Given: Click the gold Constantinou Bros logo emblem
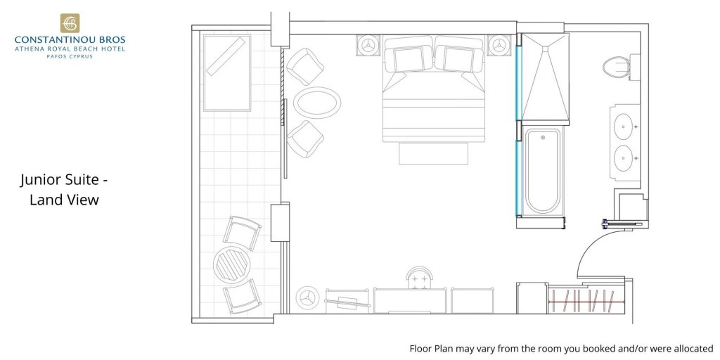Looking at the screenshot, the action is [x=70, y=23].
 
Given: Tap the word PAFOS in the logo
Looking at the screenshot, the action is [x=56, y=56].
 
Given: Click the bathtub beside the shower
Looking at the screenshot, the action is [x=543, y=172].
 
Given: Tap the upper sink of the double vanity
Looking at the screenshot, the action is [x=624, y=127].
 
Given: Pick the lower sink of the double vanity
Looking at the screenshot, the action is [x=624, y=158].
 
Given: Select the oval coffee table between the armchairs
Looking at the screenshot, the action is [x=317, y=103].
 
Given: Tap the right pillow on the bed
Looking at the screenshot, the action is [x=458, y=59].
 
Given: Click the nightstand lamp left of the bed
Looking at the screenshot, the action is [x=368, y=46].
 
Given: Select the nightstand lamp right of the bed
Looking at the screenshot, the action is [x=499, y=46].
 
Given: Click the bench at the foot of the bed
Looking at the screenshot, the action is [x=433, y=153].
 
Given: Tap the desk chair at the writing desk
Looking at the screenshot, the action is [x=420, y=278].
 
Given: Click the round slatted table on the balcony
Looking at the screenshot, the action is [x=231, y=265].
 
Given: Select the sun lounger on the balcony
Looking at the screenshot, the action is [x=227, y=73].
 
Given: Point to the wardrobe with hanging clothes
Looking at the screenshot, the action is [x=586, y=300].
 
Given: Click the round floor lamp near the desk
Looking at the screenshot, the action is [x=307, y=298].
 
